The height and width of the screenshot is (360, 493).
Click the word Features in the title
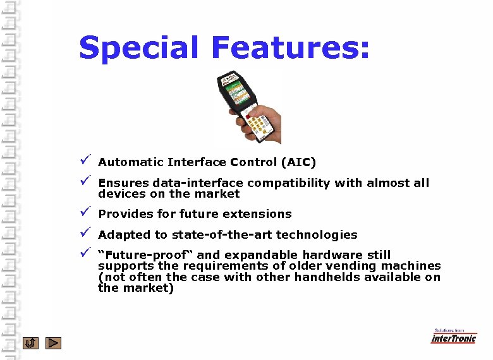pyautogui.click(x=288, y=48)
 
